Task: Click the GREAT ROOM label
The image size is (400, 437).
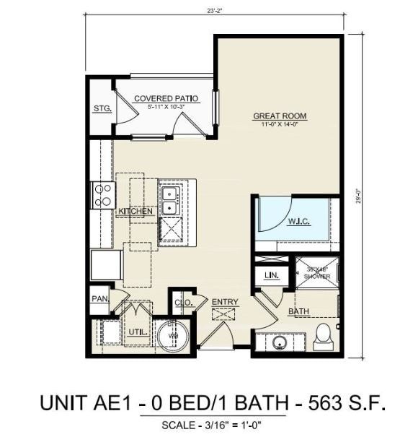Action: tap(280, 116)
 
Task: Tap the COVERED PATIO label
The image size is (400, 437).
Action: tap(166, 98)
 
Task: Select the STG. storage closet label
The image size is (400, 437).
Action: tap(101, 109)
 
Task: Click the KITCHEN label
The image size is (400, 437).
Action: tap(135, 211)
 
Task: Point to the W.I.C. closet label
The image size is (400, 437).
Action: tap(298, 221)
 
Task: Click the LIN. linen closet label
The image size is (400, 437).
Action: tap(272, 275)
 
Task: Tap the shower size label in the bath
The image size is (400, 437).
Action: tap(316, 273)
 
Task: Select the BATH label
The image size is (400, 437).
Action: tap(298, 312)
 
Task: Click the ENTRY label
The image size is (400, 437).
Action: tap(225, 302)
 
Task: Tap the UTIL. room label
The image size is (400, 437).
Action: tap(138, 332)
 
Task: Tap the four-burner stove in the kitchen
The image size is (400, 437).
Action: tap(103, 195)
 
